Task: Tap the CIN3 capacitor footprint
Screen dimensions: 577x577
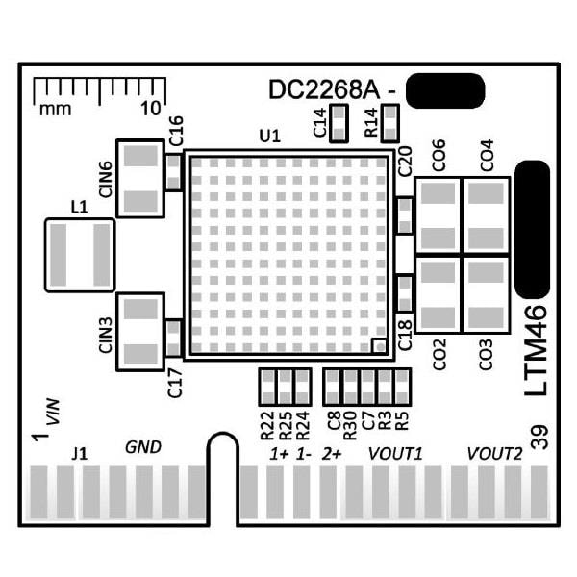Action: click(140, 330)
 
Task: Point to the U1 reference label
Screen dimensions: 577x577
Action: click(270, 137)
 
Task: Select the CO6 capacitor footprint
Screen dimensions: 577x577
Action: click(438, 215)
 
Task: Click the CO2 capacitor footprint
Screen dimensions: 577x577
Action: click(438, 294)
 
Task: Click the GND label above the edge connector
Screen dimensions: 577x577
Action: click(143, 447)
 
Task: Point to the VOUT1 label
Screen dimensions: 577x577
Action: click(396, 452)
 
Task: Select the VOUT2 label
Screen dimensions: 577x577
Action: click(494, 452)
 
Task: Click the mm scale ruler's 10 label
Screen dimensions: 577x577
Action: click(151, 108)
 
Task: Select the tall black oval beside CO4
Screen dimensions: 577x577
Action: click(532, 229)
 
